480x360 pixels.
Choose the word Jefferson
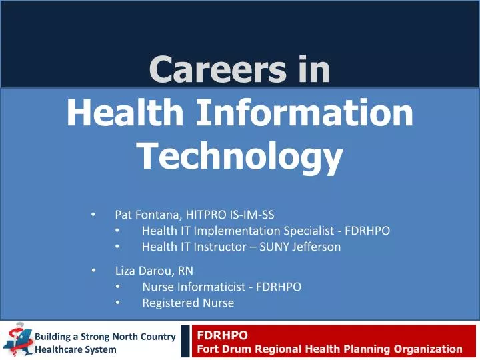click(314, 247)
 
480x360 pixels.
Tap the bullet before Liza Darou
click(93, 271)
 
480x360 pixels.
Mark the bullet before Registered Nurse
click(117, 303)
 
